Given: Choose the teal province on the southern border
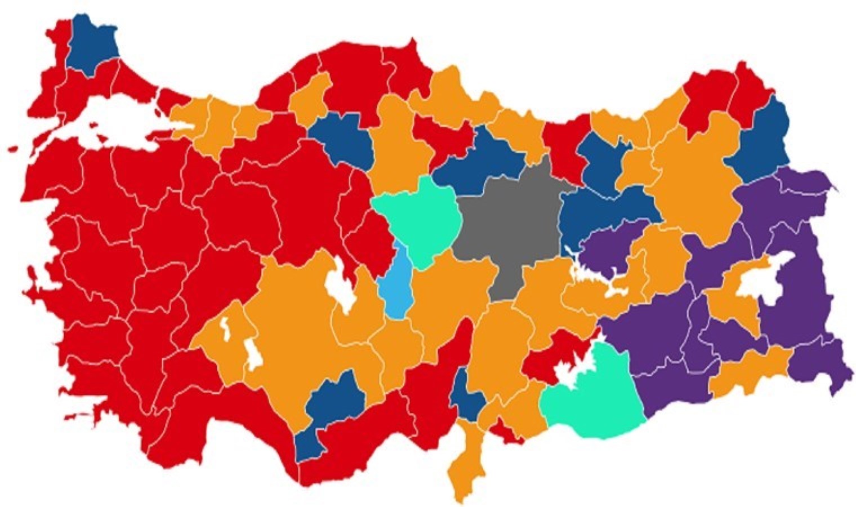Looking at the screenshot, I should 591,394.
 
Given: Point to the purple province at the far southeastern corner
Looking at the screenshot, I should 817,366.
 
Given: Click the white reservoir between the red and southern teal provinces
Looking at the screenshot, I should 569,369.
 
